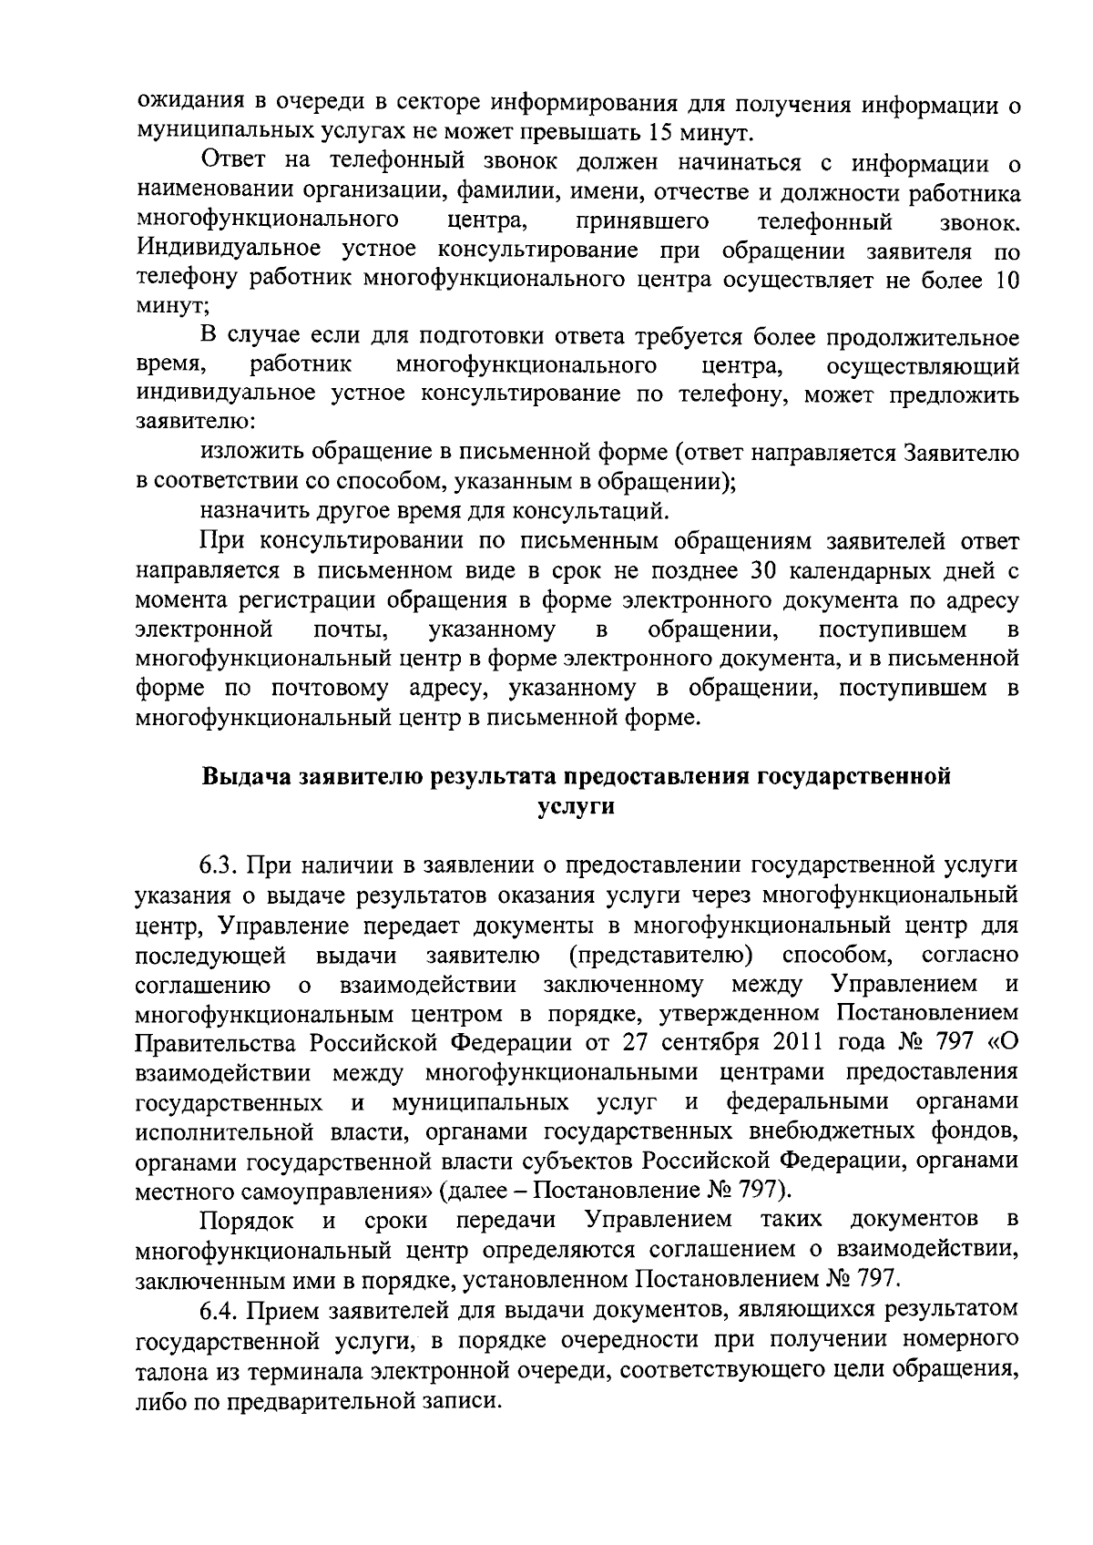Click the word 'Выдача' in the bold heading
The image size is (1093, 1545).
244,777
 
